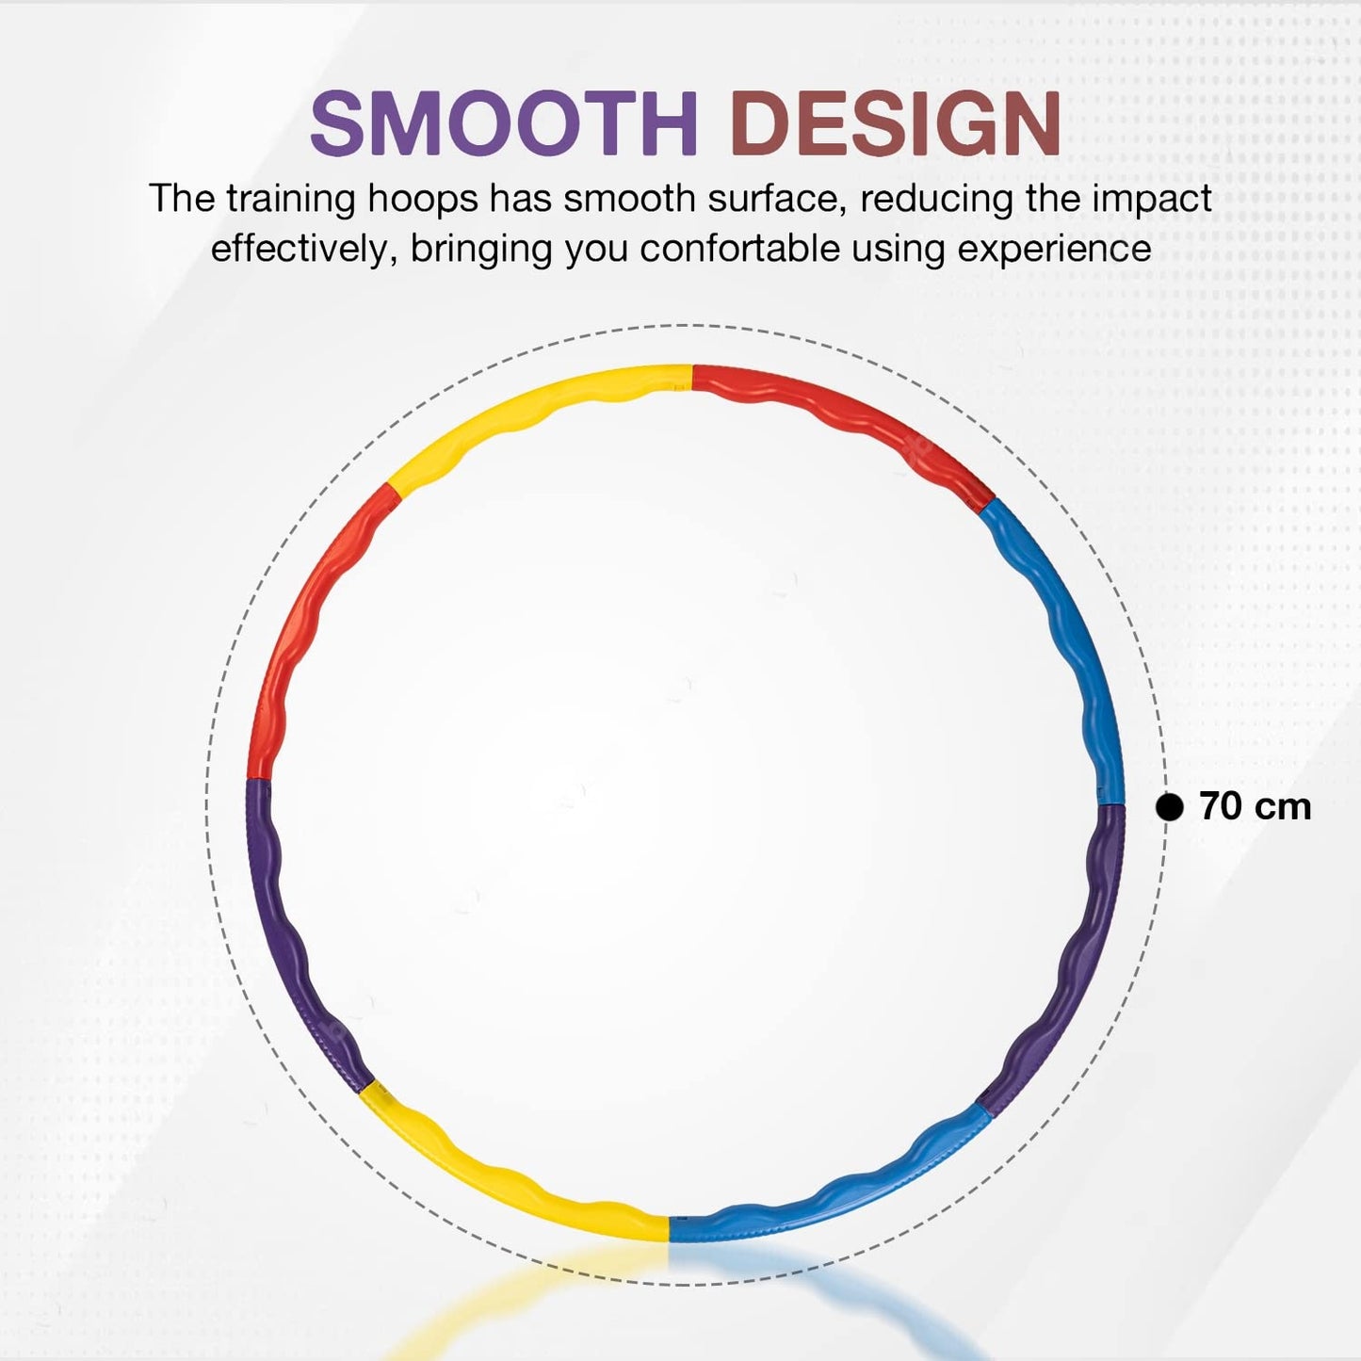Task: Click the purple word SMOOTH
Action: [x=504, y=122]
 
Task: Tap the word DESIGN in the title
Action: [x=896, y=122]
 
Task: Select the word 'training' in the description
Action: [x=290, y=200]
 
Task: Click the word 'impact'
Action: [x=1152, y=200]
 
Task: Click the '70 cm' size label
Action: [x=1256, y=806]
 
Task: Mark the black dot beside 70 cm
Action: [x=1170, y=806]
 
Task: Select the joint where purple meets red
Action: [x=258, y=778]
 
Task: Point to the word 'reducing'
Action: [x=927, y=200]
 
